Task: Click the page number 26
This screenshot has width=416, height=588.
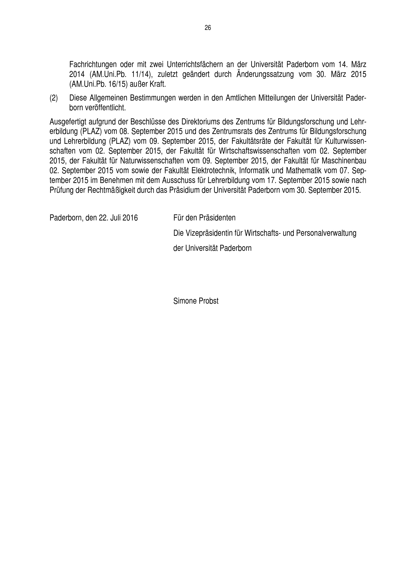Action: [208, 28]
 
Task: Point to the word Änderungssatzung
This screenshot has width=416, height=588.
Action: [265, 74]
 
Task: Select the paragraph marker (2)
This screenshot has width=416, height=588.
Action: [54, 98]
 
